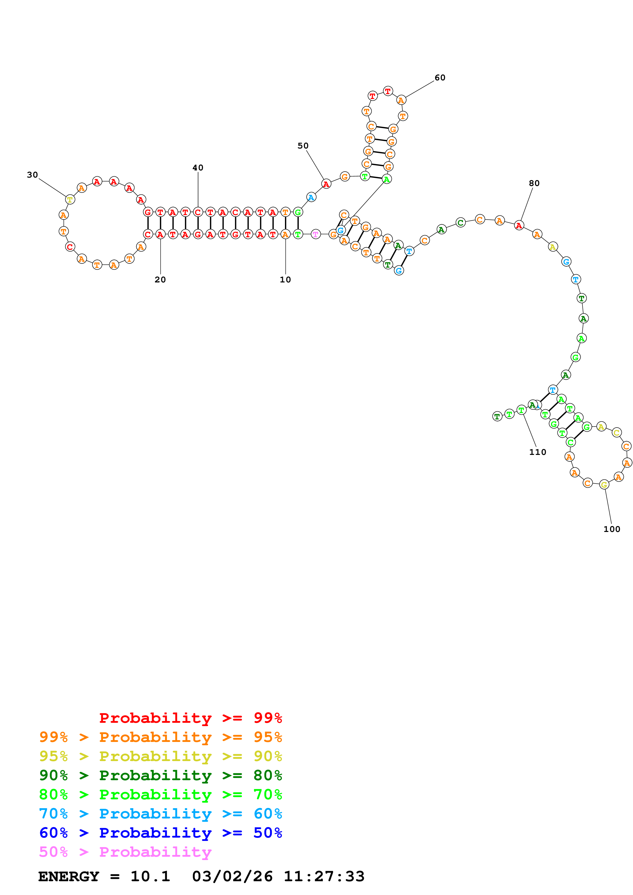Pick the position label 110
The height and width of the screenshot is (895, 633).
538,452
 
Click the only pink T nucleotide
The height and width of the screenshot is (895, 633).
316,234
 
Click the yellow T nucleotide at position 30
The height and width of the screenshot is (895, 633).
70,200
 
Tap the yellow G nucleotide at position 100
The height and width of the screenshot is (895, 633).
604,484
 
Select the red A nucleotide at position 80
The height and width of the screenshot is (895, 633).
519,225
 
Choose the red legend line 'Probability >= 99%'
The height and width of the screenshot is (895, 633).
190,718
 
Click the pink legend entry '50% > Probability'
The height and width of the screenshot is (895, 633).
125,852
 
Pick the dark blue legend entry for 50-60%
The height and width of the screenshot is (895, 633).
160,833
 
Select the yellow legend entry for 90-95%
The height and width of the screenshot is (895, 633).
160,756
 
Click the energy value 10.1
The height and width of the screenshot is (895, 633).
150,876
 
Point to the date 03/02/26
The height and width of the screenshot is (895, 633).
232,876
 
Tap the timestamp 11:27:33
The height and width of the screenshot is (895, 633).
324,876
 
